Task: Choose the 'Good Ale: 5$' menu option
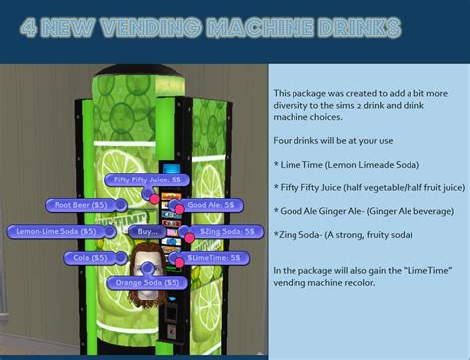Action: click(211, 205)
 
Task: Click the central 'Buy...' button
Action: click(146, 231)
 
